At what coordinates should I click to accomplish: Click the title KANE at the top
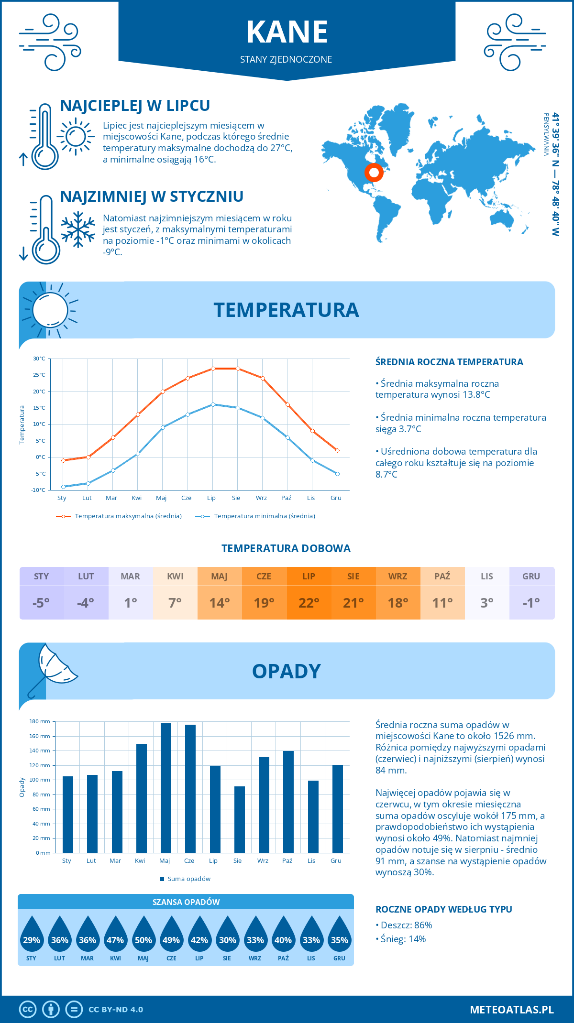[x=287, y=33]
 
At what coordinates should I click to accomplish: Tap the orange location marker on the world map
[x=374, y=172]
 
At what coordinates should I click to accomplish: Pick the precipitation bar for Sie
[x=240, y=819]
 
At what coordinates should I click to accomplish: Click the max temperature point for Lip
[x=213, y=369]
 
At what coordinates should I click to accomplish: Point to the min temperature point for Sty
[x=63, y=487]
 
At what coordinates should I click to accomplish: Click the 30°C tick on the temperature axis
[x=39, y=359]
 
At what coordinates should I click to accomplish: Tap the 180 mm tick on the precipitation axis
[x=40, y=721]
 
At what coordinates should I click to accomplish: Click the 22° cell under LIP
[x=309, y=603]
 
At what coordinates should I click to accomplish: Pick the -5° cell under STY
[x=41, y=603]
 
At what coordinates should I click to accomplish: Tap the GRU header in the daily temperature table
[x=531, y=577]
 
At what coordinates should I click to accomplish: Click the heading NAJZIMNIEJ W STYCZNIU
[x=152, y=196]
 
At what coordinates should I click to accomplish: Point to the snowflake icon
[x=78, y=229]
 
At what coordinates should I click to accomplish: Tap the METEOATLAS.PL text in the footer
[x=511, y=1010]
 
